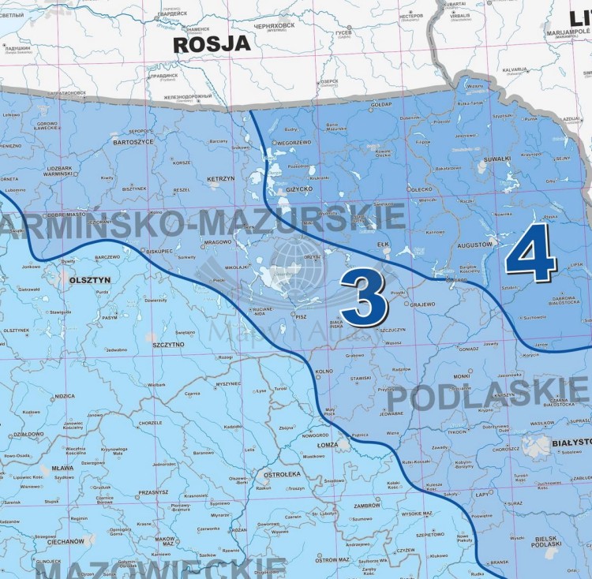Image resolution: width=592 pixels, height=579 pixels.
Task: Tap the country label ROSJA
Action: coord(212,43)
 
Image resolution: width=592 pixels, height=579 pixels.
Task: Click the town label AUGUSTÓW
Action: coord(473,245)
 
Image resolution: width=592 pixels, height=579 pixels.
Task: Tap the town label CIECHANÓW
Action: coord(65,542)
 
